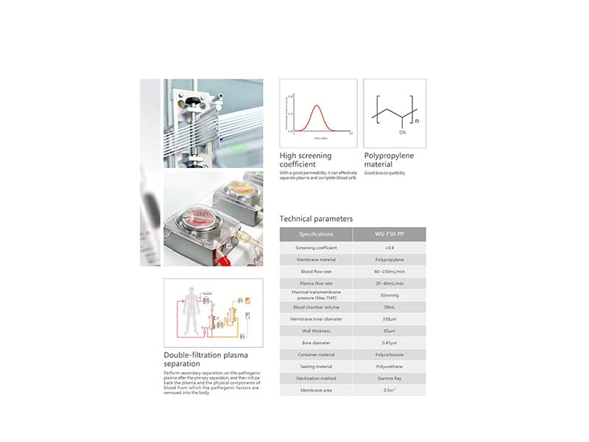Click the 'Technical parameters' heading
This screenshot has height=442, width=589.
316,219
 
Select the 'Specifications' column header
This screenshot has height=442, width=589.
316,234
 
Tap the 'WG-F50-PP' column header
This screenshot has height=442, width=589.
388,234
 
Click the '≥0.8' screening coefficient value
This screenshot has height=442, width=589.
388,248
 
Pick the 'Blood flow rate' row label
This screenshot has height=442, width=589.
316,272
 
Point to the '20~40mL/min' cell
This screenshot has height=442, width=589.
388,284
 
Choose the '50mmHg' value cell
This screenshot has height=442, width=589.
388,295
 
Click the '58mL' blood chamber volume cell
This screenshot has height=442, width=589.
388,307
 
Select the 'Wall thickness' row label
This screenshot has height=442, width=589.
316,331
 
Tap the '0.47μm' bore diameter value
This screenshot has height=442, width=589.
388,343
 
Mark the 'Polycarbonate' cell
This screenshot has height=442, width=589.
388,354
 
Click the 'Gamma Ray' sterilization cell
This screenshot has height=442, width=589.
388,378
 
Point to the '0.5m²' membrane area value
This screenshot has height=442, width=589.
388,390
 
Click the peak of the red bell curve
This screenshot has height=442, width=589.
317,105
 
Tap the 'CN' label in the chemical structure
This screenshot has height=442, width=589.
402,133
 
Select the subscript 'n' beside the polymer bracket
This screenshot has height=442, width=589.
417,120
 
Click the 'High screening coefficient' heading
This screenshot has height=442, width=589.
306,160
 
